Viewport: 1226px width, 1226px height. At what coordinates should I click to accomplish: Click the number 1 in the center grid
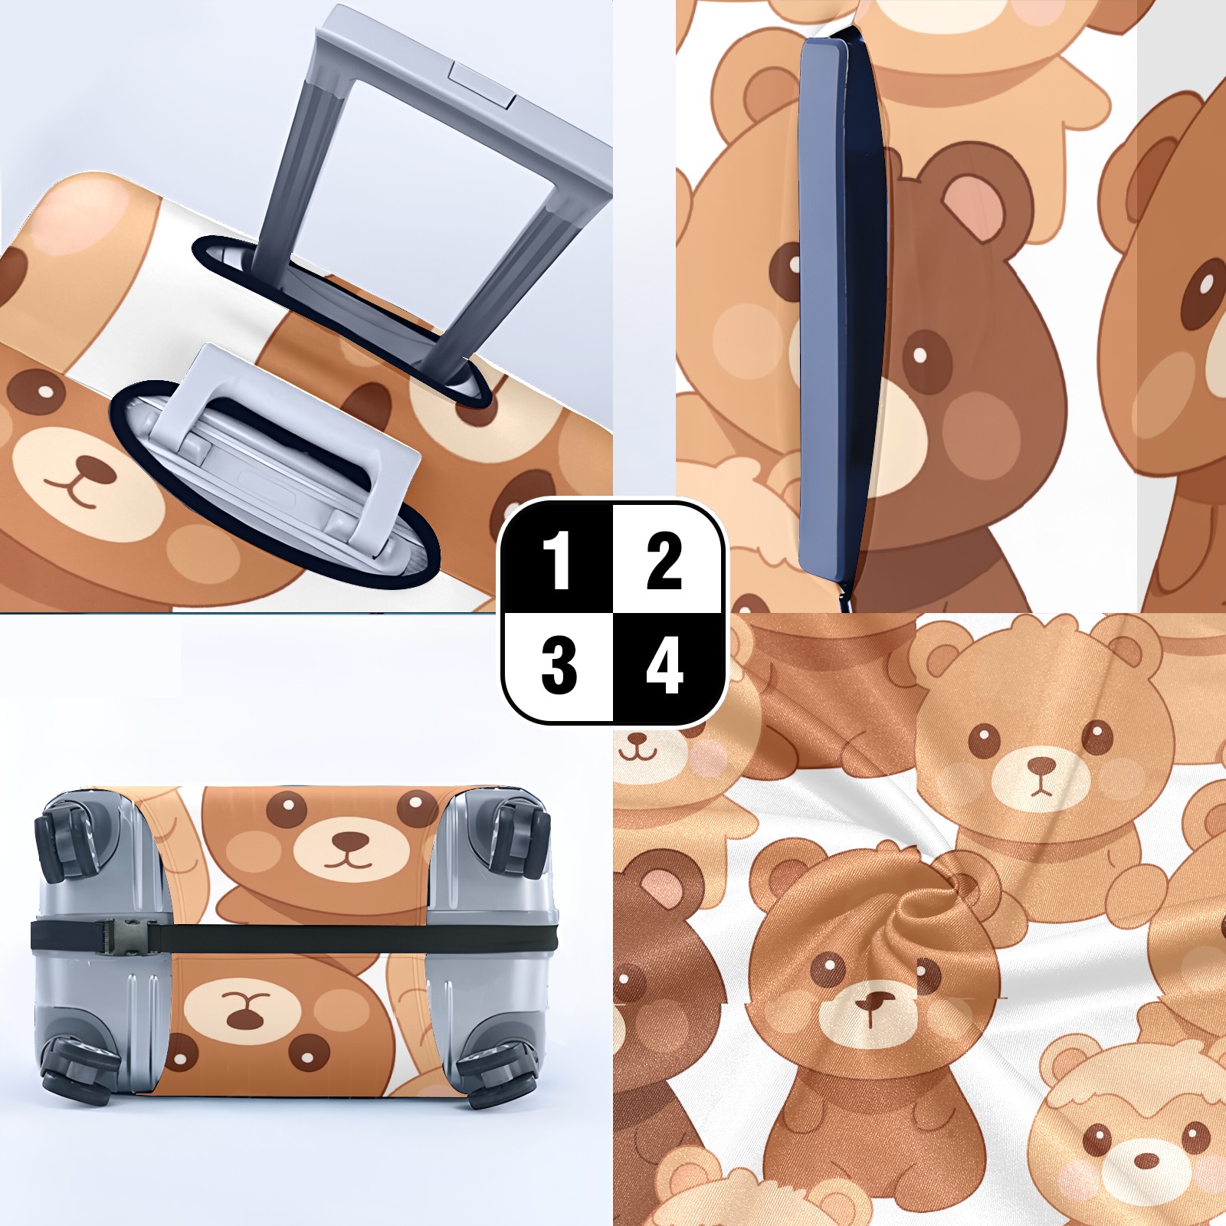(x=557, y=561)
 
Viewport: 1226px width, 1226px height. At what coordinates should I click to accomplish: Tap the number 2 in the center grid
(x=664, y=561)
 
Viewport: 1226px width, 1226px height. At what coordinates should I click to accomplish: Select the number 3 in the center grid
(x=559, y=666)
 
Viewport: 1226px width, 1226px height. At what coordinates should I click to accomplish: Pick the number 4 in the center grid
(x=664, y=666)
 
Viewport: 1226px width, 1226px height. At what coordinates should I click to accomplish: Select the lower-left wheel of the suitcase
(x=73, y=1067)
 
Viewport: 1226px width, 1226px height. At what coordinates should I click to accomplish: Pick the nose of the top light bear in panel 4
(x=1041, y=765)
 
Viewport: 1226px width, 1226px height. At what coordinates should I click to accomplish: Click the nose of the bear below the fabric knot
(x=871, y=1003)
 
